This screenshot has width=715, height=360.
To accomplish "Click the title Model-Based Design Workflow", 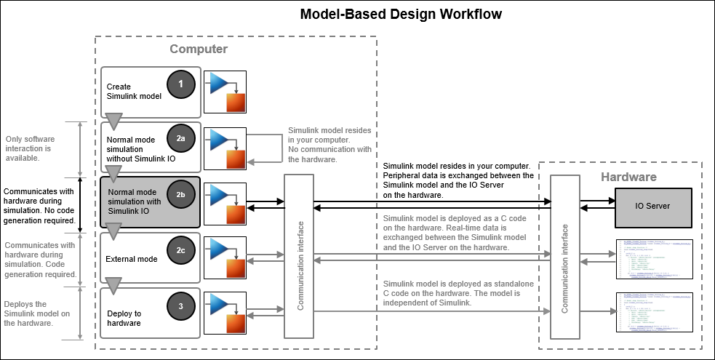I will pyautogui.click(x=401, y=14).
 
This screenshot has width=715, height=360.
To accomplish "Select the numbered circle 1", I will pyautogui.click(x=181, y=84).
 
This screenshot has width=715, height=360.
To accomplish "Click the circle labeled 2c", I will pyautogui.click(x=181, y=250).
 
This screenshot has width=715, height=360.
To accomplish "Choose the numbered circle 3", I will pyautogui.click(x=181, y=305).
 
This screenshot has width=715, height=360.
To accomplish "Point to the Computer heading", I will pyautogui.click(x=199, y=49).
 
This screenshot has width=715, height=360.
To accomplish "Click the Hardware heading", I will pyautogui.click(x=628, y=177).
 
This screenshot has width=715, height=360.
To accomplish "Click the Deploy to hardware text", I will pyautogui.click(x=124, y=318).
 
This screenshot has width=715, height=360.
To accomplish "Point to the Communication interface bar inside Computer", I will pyautogui.click(x=300, y=256).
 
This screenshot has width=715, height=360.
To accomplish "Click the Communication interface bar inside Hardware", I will pyautogui.click(x=564, y=257).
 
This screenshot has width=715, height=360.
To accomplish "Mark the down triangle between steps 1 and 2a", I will pyautogui.click(x=113, y=121).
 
